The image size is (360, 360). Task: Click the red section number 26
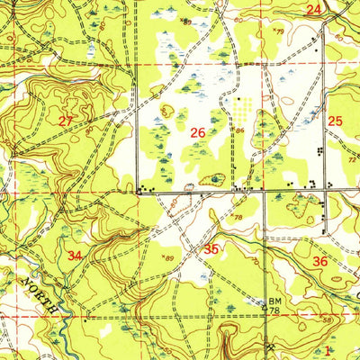coord(198,134)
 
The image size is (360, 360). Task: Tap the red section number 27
coord(66,121)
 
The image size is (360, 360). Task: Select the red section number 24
coord(313,10)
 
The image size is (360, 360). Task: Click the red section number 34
coord(76,257)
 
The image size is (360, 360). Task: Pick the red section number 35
coord(212,248)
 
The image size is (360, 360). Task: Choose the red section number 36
coord(319,261)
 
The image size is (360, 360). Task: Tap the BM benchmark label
coord(274,302)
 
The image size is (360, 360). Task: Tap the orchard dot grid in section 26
coord(244,110)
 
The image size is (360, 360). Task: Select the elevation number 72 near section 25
coord(351,157)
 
